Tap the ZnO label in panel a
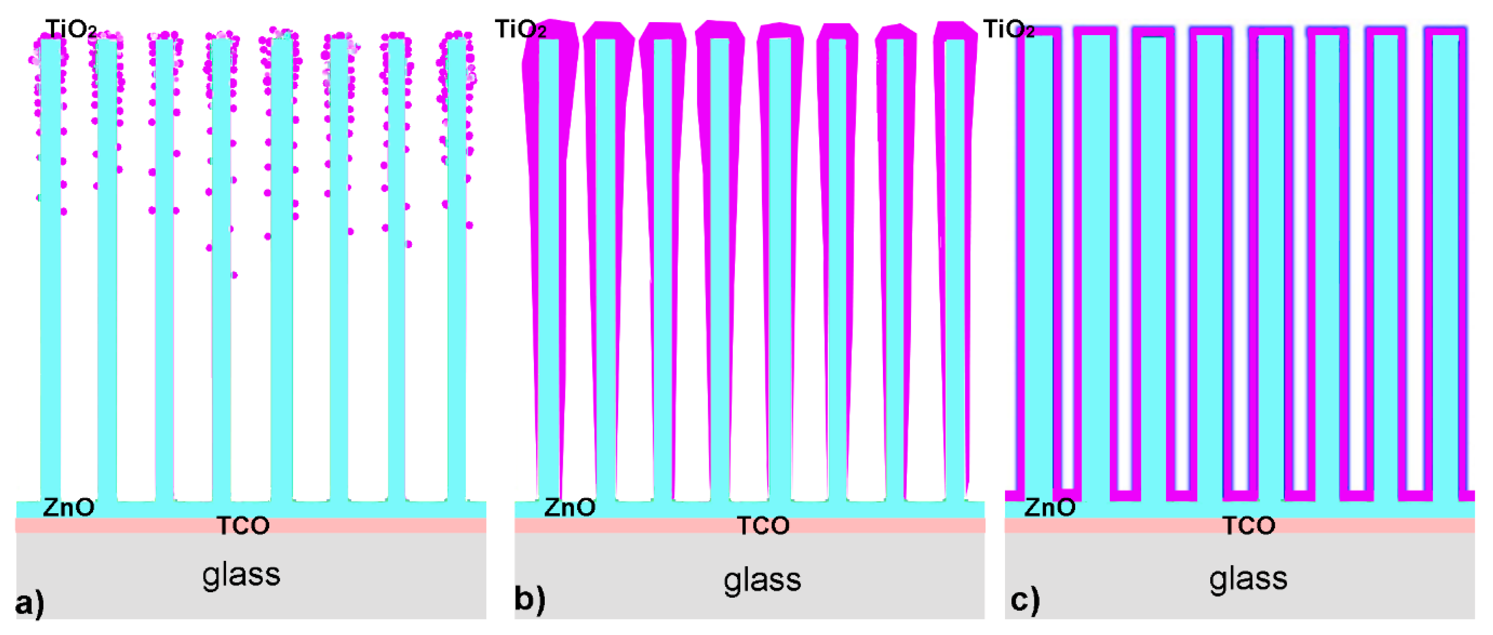click(68, 507)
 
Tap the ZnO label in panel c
click(1050, 507)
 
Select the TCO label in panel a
click(243, 526)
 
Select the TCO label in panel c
click(1249, 526)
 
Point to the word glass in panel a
click(241, 575)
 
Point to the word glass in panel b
click(762, 580)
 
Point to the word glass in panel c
click(1248, 579)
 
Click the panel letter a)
click(29, 603)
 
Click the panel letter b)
click(529, 599)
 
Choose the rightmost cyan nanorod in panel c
click(1444, 261)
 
